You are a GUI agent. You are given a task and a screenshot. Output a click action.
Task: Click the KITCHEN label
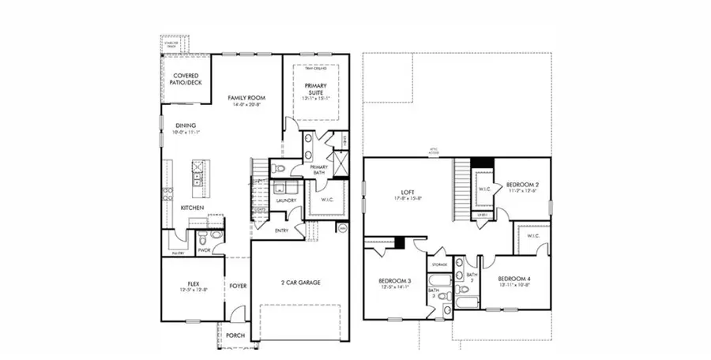(192, 208)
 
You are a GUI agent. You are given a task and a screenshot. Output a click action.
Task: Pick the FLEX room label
(192, 283)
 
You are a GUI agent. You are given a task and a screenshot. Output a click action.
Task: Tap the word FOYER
(237, 286)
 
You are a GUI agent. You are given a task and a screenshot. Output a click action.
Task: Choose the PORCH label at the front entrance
(235, 336)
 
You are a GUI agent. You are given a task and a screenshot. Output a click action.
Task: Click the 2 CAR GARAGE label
(299, 283)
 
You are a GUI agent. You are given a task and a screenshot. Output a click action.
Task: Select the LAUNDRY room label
(285, 201)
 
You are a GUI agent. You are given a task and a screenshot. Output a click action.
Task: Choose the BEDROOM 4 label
(513, 279)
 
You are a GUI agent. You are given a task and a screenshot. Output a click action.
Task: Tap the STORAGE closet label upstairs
(439, 264)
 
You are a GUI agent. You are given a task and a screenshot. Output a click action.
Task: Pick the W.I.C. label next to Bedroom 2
(484, 189)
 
